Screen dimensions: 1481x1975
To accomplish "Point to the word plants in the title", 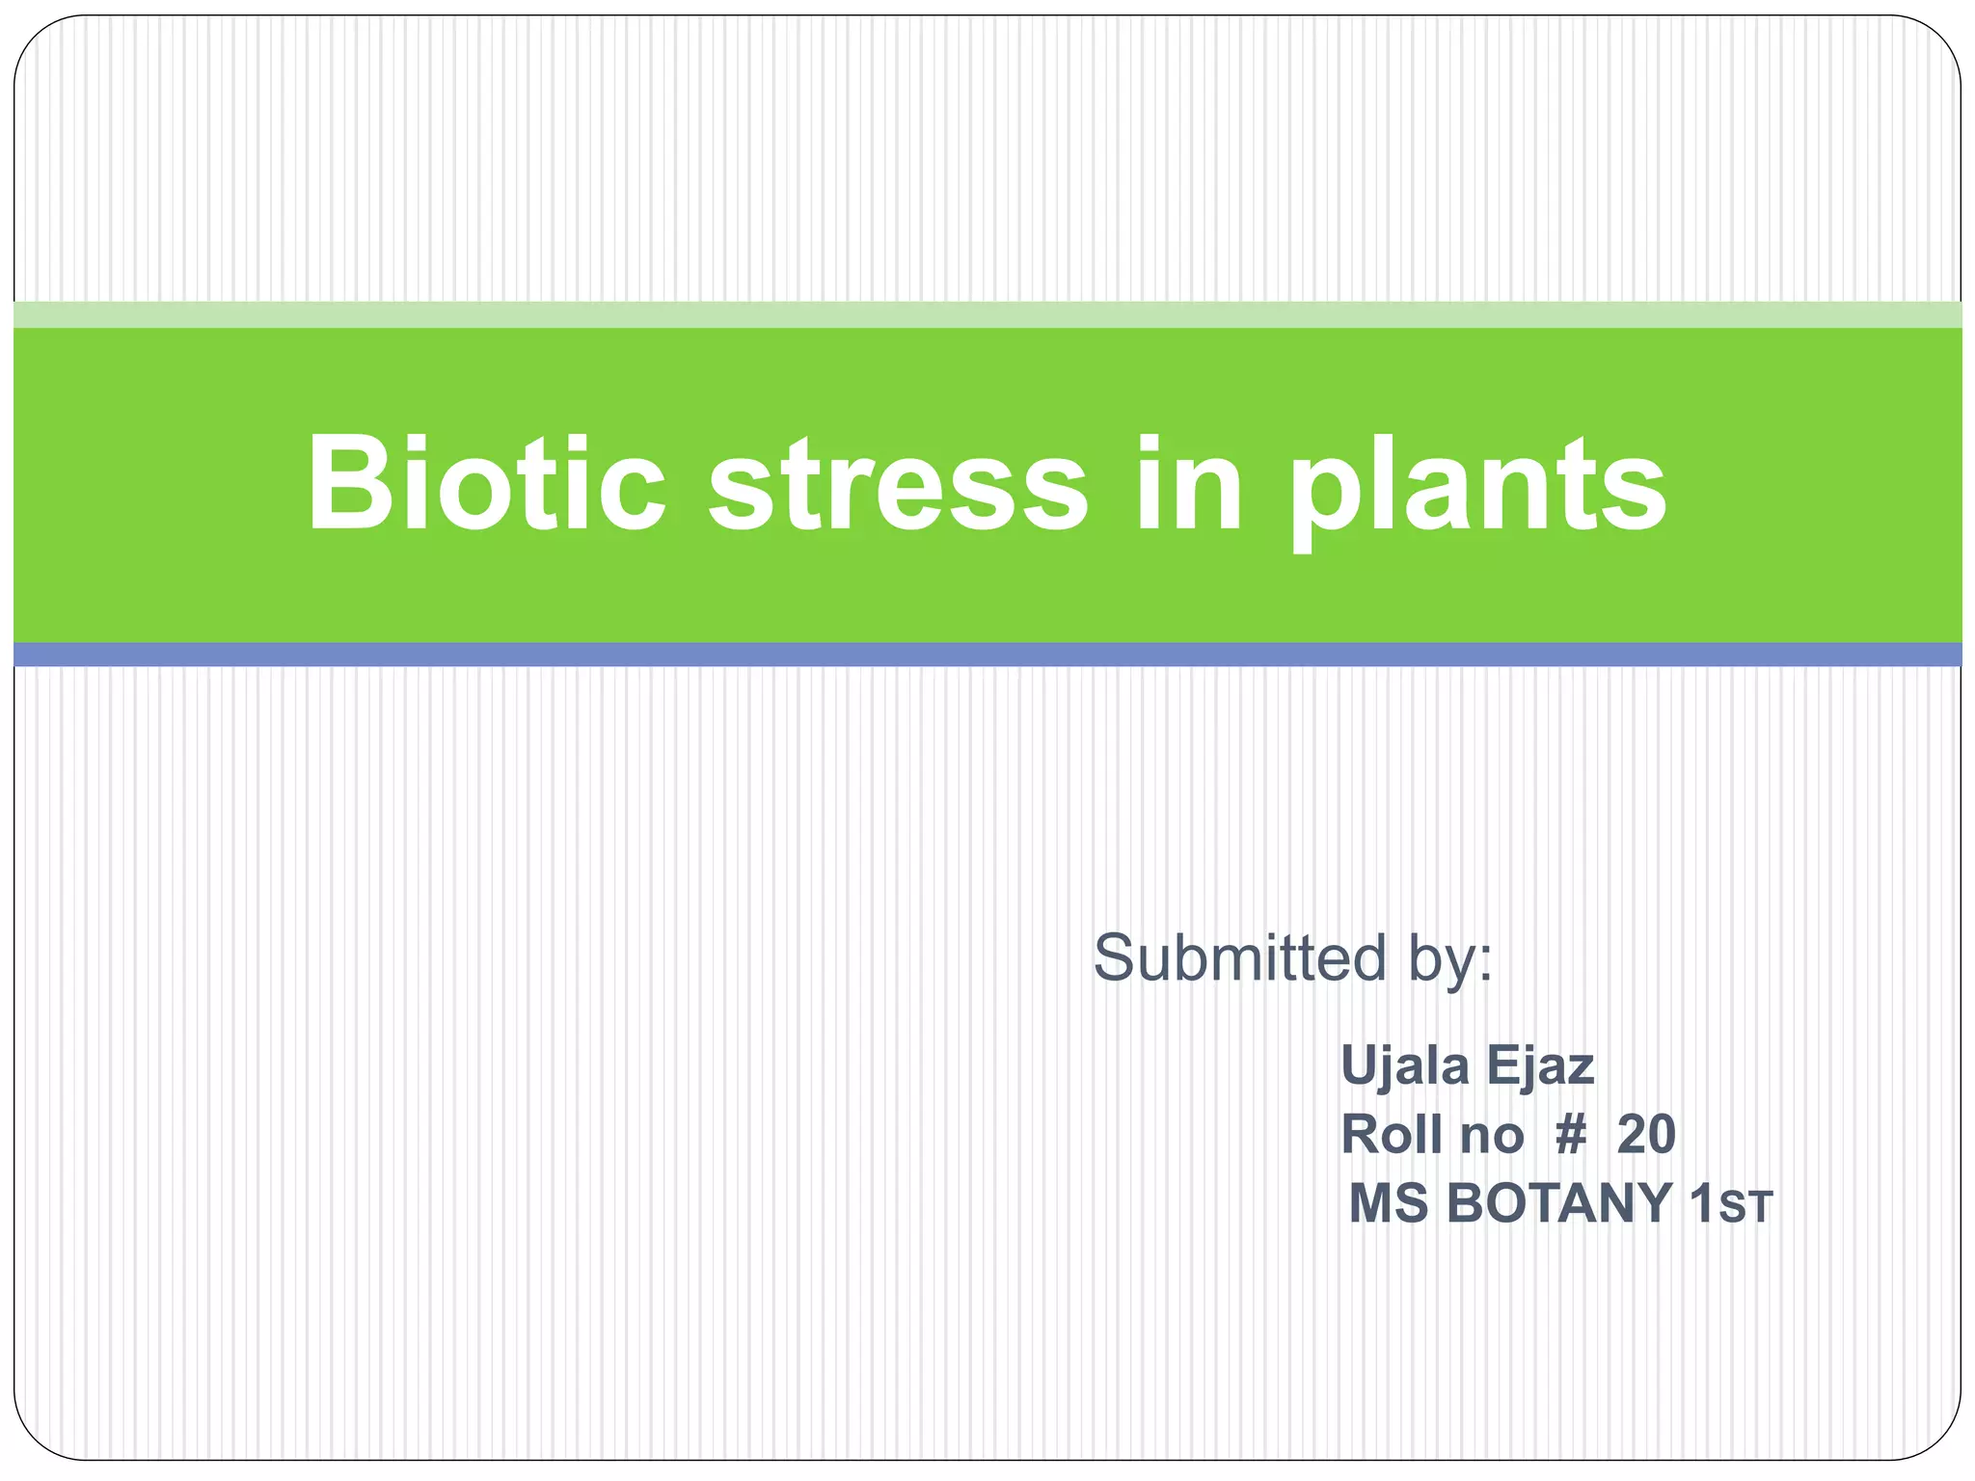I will point(1478,487).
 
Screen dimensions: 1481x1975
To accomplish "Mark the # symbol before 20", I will point(1571,1134).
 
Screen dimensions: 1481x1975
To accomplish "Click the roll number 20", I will point(1646,1134).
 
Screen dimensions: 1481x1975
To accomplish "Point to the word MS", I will point(1388,1203).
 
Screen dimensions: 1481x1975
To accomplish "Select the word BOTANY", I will point(1559,1203).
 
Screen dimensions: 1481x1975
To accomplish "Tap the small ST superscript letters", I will point(1746,1208).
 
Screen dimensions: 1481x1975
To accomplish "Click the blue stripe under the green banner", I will point(987,655).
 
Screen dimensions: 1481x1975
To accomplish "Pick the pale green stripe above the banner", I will point(987,314).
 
